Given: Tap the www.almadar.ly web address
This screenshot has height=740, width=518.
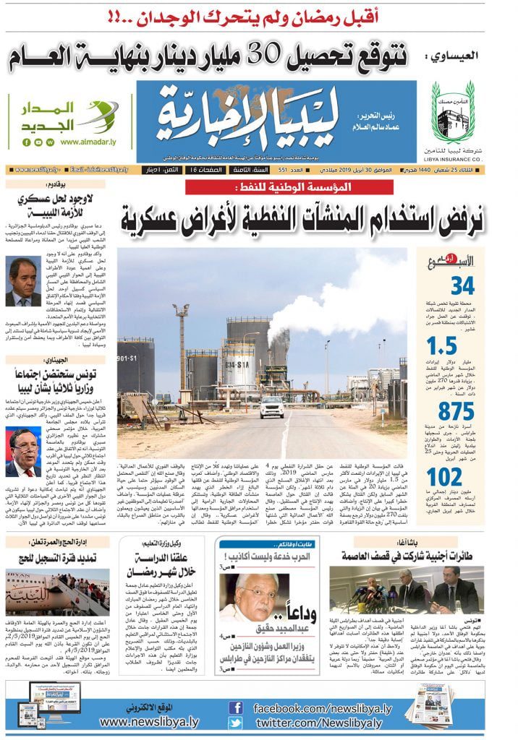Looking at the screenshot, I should [93, 142].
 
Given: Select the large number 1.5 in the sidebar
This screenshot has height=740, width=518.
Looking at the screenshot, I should [462, 346].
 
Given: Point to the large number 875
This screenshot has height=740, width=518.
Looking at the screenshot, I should [456, 412].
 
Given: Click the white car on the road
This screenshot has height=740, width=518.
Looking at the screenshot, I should [272, 407].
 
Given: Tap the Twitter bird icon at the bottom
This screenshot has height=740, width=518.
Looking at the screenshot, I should [235, 723].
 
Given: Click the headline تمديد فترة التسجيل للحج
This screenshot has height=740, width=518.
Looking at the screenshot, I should [60, 559].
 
